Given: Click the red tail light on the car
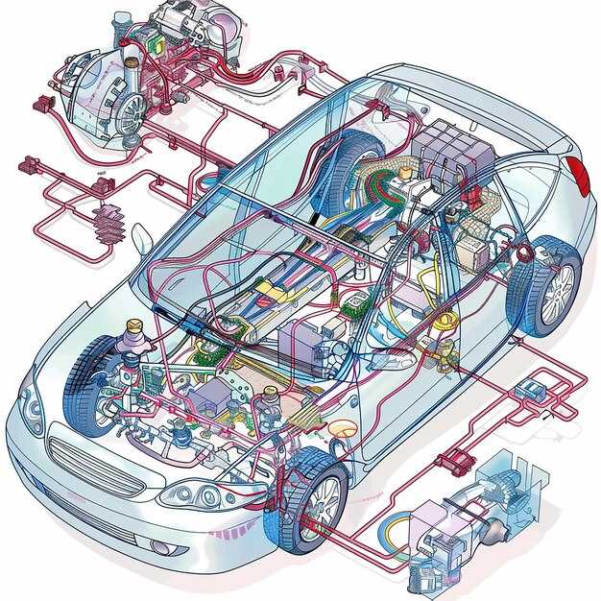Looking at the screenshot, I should tap(578, 176).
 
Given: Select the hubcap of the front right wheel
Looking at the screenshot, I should tap(325, 500).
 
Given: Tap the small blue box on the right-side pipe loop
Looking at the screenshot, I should tap(527, 390).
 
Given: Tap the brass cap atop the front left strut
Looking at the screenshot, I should tap(133, 329).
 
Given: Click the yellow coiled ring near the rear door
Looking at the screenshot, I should tap(446, 322).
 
